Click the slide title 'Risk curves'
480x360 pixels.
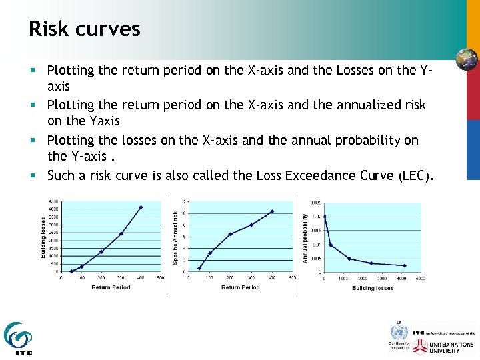85,29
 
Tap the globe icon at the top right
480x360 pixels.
466,59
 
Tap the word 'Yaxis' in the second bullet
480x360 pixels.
103,121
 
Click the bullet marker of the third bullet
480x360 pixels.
39,141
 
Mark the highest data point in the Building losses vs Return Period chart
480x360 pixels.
141,207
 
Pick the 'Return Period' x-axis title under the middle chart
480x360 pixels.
240,287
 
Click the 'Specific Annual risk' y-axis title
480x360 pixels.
175,237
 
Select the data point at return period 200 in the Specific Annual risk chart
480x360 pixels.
230,234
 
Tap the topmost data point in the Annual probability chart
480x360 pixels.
325,217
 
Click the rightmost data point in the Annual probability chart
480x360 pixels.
405,265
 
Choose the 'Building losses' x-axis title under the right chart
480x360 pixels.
373,288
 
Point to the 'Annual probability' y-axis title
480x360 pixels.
305,237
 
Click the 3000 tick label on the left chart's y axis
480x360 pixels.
53,225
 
